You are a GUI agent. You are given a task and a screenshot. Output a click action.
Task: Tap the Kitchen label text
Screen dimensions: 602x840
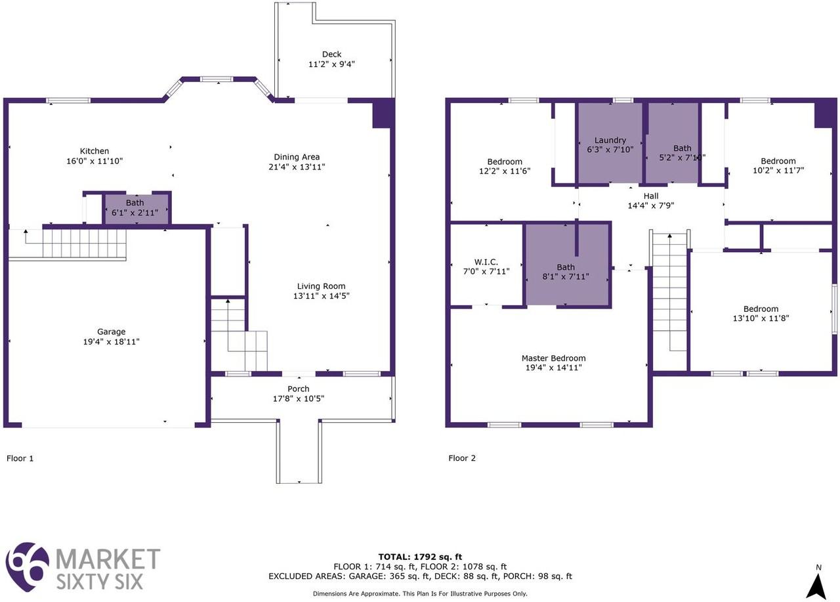click(94, 152)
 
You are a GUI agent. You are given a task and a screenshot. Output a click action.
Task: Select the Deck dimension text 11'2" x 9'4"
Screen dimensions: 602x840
click(331, 64)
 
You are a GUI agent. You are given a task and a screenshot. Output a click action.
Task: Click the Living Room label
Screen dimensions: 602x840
click(321, 286)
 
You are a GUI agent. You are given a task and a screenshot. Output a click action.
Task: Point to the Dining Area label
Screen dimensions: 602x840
click(297, 157)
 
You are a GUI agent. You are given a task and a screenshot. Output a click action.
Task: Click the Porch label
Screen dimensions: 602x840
click(299, 389)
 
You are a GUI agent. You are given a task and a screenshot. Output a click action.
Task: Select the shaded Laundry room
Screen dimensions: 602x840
click(610, 143)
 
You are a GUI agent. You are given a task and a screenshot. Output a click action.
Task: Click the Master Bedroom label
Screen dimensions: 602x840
click(553, 358)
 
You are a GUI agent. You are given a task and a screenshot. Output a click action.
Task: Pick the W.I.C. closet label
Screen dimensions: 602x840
click(486, 262)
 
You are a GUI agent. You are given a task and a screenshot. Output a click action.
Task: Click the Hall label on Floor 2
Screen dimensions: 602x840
click(651, 196)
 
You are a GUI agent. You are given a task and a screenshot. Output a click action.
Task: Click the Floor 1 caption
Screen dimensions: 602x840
click(20, 458)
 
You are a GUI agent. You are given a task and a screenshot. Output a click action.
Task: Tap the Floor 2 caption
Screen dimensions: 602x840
click(462, 458)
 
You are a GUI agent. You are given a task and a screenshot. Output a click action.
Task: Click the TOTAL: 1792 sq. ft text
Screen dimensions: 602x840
click(420, 557)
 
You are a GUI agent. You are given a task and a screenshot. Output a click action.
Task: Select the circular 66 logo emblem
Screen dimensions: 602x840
click(28, 566)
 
